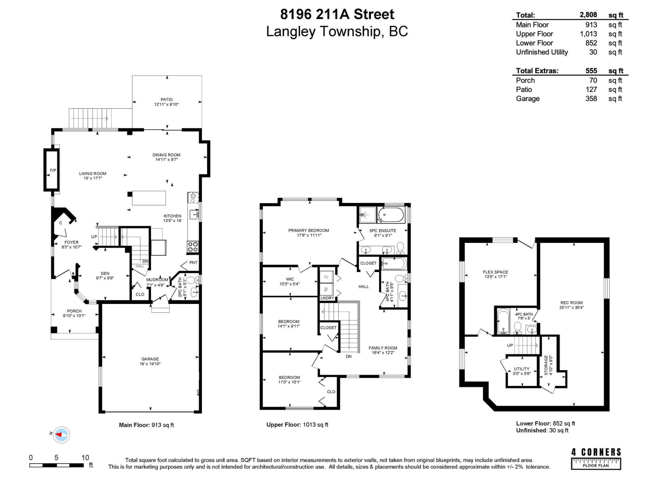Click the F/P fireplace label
point(53,171)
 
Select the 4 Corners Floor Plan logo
point(596,458)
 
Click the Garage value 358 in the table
point(591,99)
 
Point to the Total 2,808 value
point(588,15)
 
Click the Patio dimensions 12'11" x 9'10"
point(166,104)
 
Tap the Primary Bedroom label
point(308,230)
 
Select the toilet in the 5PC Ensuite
point(400,247)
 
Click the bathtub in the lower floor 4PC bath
point(503,321)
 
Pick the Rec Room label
point(571,303)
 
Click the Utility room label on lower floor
point(521,369)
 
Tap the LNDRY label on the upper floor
point(327,298)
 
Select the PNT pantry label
point(193,263)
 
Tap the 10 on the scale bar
point(85,458)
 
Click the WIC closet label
point(290,279)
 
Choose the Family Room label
point(383,348)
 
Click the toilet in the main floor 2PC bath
point(192,280)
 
